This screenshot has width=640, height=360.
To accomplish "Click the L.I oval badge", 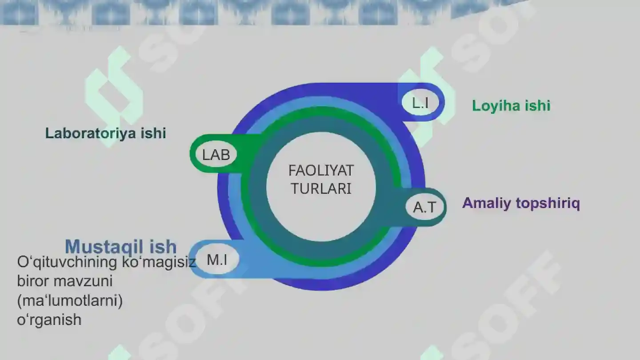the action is (420, 102).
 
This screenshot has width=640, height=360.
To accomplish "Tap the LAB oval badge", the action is (216, 154).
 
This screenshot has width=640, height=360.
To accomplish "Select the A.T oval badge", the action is (425, 207).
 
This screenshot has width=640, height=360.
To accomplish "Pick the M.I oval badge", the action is (217, 260).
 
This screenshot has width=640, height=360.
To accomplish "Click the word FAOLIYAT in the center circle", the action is (321, 171).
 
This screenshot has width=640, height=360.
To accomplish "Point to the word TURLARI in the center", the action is (321, 188).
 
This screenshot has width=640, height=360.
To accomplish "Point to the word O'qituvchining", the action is (67, 262).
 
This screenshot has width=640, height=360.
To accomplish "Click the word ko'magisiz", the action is (159, 262).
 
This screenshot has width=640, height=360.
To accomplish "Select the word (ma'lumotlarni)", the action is (70, 300).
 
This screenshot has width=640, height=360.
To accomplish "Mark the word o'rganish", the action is (49, 320).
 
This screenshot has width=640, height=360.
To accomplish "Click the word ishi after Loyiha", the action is (538, 106).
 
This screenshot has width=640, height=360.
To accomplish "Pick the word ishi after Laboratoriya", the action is (153, 133).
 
